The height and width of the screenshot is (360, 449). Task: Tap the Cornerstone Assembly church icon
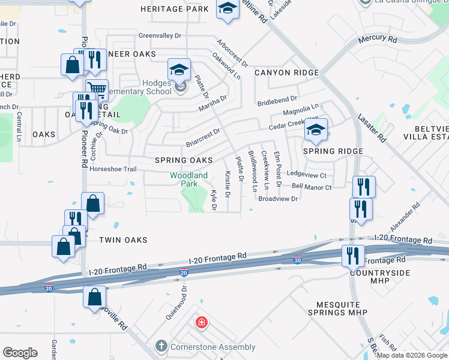[x=160, y=346]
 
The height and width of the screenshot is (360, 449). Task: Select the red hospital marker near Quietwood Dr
[x=201, y=323]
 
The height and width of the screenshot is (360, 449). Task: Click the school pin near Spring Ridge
[x=316, y=130]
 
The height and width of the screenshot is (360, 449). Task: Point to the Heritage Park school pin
[x=228, y=8]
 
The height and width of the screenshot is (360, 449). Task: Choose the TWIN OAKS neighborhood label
[x=123, y=240]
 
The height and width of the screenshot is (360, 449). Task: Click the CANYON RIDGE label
[x=286, y=73]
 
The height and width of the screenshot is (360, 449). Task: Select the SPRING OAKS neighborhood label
[x=184, y=160]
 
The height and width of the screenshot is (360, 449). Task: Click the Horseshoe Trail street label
[x=113, y=169]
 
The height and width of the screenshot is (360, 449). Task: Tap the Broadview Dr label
[x=278, y=199]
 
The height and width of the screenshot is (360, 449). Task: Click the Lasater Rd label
[x=373, y=128]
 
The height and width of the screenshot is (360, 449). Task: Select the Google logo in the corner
[x=20, y=353]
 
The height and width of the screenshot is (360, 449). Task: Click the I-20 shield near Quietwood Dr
[x=184, y=272]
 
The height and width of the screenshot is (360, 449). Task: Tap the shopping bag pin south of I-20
[x=95, y=296]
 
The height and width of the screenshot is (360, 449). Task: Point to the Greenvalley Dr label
[x=160, y=36]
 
